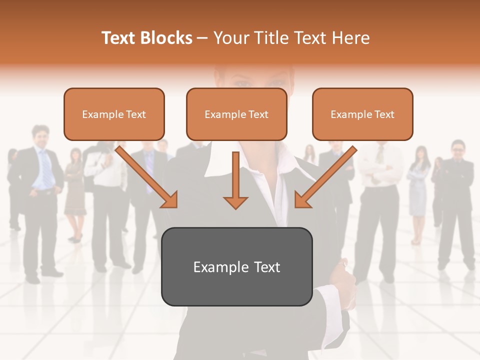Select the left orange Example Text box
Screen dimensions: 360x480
tap(114, 114)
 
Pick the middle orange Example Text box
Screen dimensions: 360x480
tap(236, 114)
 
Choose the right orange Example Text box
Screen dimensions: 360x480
tap(362, 114)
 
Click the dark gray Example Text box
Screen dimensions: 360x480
tap(236, 266)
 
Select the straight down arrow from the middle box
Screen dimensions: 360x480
tap(235, 182)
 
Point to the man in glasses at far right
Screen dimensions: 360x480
tap(456, 200)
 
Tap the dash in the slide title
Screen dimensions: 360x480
tap(203, 38)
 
